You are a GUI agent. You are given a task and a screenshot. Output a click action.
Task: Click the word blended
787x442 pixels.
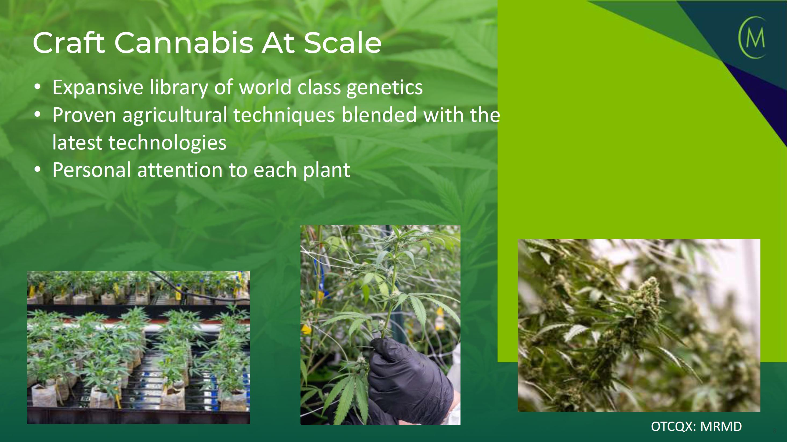[x=379, y=115]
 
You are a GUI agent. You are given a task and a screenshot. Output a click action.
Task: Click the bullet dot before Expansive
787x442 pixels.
[x=37, y=87]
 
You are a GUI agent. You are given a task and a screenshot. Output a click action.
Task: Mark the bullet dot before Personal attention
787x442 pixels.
[x=37, y=169]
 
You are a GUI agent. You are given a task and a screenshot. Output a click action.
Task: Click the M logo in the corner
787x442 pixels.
[x=752, y=38]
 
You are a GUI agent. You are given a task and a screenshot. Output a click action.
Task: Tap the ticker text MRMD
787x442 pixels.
[x=721, y=426]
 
